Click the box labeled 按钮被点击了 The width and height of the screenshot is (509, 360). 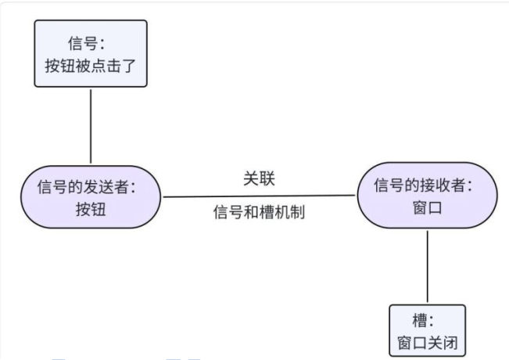91,53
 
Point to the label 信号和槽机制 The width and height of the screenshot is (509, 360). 258,213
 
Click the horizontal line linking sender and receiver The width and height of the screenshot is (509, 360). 258,196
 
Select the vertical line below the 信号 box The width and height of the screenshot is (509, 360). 91,125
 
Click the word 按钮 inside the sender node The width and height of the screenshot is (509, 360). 91,210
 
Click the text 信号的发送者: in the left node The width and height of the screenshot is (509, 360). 91,187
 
